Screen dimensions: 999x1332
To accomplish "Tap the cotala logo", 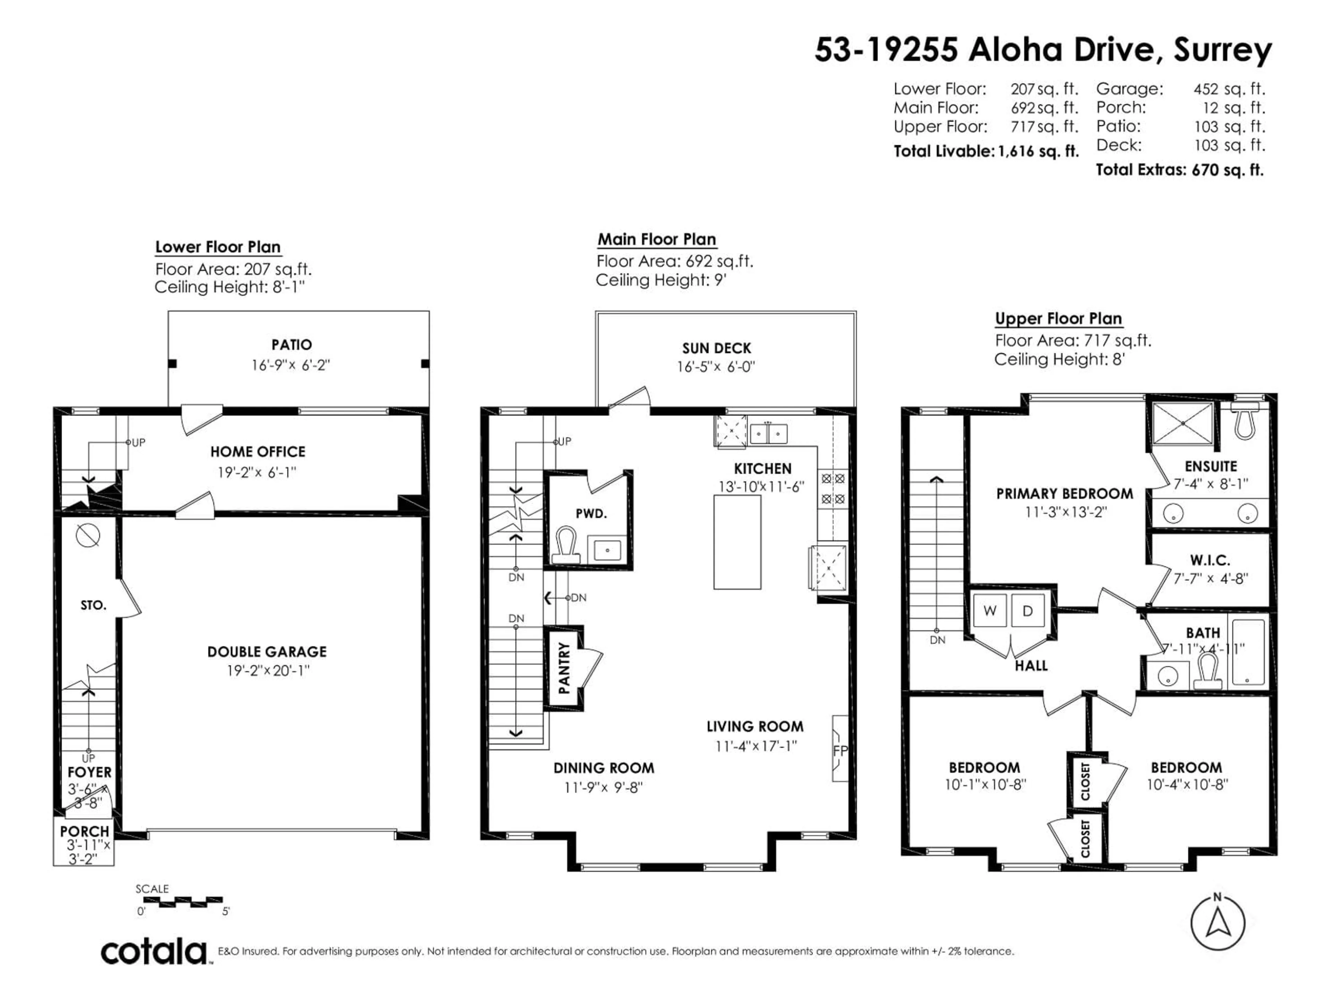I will pos(154,952).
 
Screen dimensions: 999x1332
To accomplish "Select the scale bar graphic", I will pos(182,902).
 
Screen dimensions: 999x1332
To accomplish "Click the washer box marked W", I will pos(989,610).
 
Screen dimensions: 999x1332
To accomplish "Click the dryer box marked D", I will pos(1028,610).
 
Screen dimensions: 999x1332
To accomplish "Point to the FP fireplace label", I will pos(840,750).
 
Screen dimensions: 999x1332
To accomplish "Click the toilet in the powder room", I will pos(566,544).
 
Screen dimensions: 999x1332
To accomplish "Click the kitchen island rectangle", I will pos(737,541).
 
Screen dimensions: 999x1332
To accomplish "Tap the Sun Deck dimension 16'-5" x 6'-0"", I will pos(716,367).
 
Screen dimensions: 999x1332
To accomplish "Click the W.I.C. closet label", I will pos(1210,560).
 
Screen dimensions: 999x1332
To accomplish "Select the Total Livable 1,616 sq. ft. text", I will pos(986,151).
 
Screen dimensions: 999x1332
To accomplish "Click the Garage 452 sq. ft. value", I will pos(1229,89).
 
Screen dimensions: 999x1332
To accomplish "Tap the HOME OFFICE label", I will pos(258,452).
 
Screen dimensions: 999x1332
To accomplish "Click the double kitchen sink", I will pos(768,434).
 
